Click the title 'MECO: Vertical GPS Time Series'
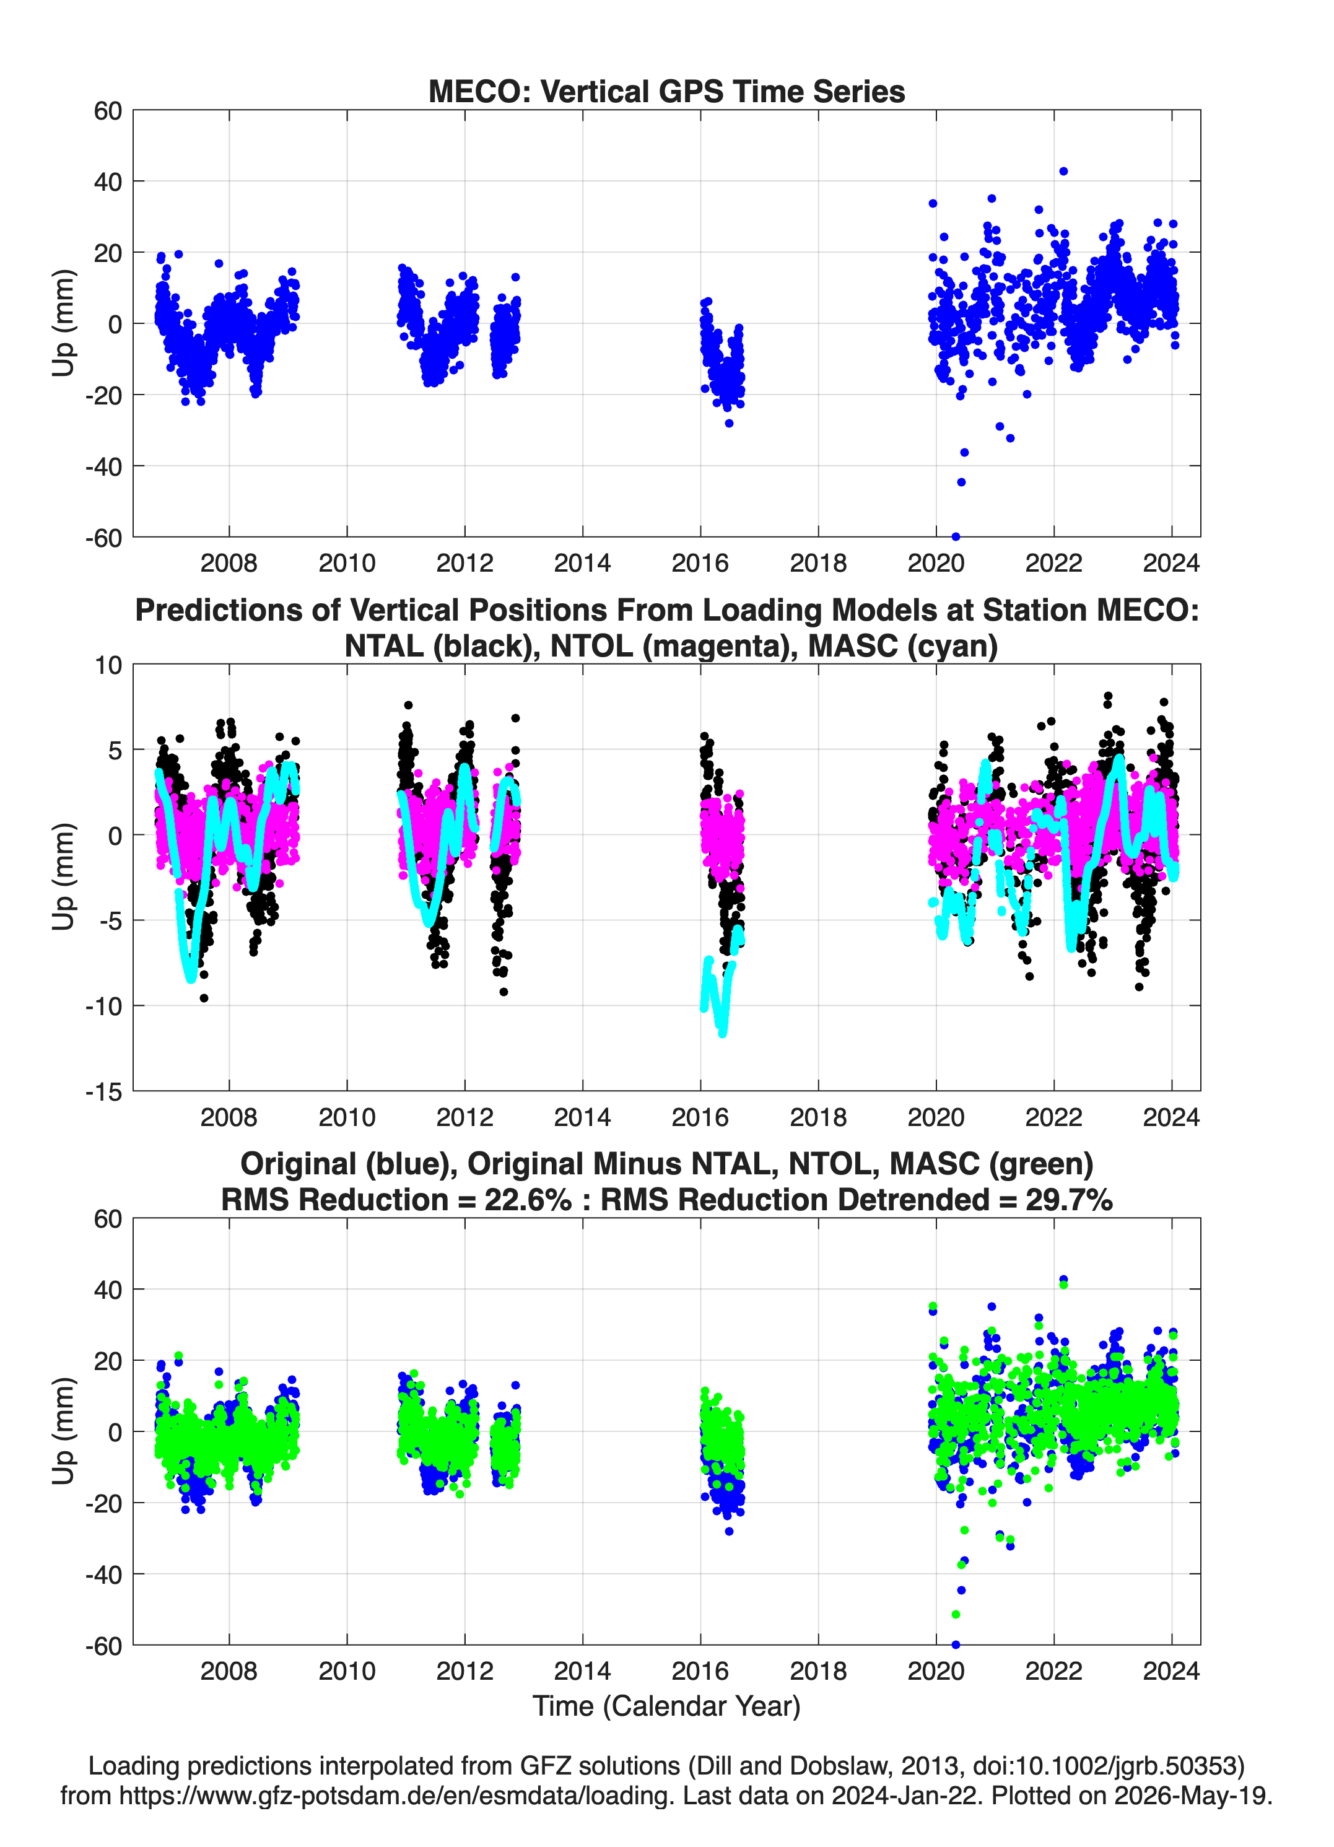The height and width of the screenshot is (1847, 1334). pyautogui.click(x=666, y=91)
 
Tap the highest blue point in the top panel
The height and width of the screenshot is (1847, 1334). pyautogui.click(x=1063, y=171)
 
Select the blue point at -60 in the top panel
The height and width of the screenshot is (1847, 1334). pyautogui.click(x=956, y=536)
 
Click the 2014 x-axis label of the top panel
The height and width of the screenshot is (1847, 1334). pyautogui.click(x=582, y=563)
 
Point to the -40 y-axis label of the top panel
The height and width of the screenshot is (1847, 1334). pyautogui.click(x=103, y=466)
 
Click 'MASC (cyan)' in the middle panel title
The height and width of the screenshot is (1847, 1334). pyautogui.click(x=903, y=646)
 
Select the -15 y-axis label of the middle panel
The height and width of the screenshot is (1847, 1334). pyautogui.click(x=103, y=1091)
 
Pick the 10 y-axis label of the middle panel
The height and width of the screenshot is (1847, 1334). pyautogui.click(x=108, y=665)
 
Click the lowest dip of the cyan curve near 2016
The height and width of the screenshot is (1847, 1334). pyautogui.click(x=722, y=1033)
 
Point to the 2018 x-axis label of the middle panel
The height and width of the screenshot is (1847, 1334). pyautogui.click(x=817, y=1117)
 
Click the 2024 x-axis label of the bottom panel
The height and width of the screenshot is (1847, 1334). pyautogui.click(x=1171, y=1670)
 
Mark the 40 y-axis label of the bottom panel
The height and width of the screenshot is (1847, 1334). pyautogui.click(x=108, y=1289)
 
